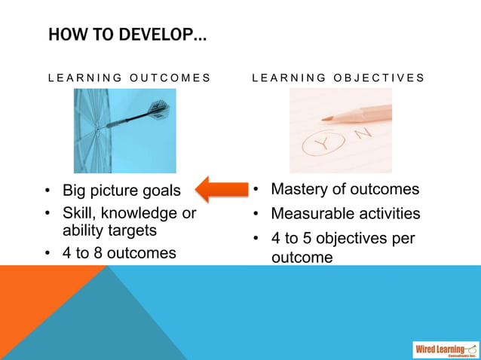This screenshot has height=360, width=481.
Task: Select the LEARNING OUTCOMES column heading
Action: (129, 78)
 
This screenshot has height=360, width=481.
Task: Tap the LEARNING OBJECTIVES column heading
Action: (338, 78)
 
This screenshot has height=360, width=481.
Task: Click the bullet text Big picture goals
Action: (121, 190)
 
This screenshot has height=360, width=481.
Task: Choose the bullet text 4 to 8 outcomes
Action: (119, 253)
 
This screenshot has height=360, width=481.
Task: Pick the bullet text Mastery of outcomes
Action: (345, 189)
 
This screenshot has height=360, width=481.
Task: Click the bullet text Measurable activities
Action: (345, 214)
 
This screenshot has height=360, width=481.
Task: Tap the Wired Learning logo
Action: (446, 349)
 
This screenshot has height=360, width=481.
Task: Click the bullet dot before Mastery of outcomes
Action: (256, 189)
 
